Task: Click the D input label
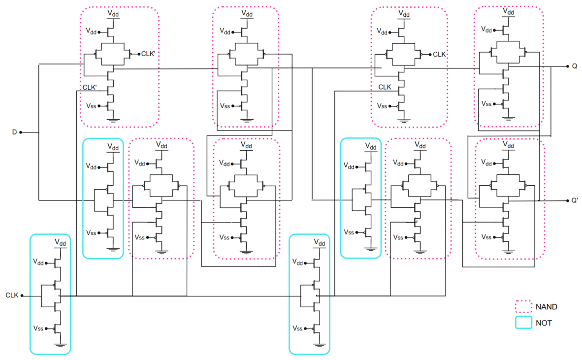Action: click(x=14, y=132)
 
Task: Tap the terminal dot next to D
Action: click(x=21, y=132)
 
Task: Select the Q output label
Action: click(x=575, y=66)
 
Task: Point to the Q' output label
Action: click(x=575, y=200)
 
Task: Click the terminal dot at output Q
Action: click(x=568, y=66)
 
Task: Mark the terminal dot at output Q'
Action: click(x=568, y=201)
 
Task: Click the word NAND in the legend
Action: click(x=547, y=307)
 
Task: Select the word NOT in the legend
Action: click(x=544, y=323)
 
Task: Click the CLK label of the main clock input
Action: click(x=12, y=295)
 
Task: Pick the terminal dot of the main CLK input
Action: click(x=22, y=296)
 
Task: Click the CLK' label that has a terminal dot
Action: click(x=149, y=54)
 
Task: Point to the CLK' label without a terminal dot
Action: click(x=90, y=87)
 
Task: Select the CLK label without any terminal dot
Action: click(x=385, y=87)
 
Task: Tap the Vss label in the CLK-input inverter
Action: click(x=38, y=328)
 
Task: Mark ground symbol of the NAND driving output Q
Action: click(x=508, y=119)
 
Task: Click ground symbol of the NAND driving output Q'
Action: click(x=508, y=252)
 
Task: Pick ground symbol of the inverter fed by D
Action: click(x=113, y=249)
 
